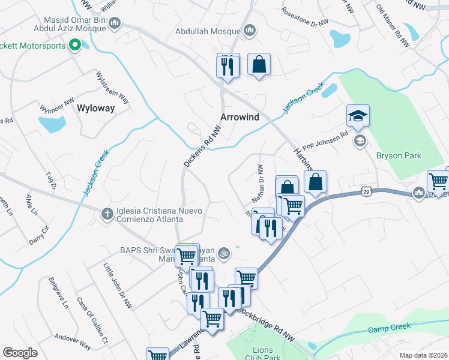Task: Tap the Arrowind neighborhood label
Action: tap(240, 117)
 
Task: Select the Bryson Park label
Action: tap(399, 156)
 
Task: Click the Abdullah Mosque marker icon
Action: tap(250, 31)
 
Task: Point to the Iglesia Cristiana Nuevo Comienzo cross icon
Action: tap(107, 212)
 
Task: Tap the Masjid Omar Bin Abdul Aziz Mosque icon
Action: tap(115, 24)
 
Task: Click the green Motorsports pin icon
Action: tap(75, 45)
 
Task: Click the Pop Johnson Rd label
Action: tap(325, 142)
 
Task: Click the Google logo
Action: tap(20, 353)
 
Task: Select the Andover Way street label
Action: tap(73, 341)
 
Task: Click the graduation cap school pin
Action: tap(358, 115)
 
